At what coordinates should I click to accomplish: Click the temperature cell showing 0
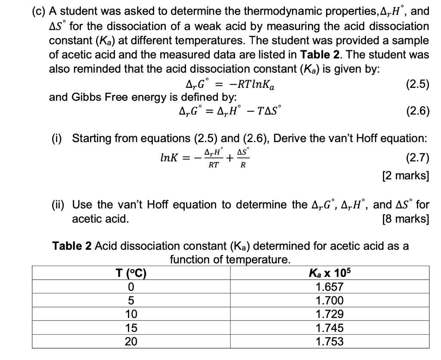(131, 287)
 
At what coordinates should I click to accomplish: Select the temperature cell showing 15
(131, 328)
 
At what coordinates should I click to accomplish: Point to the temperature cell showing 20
(131, 342)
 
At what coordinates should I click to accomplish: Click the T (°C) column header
(131, 273)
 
